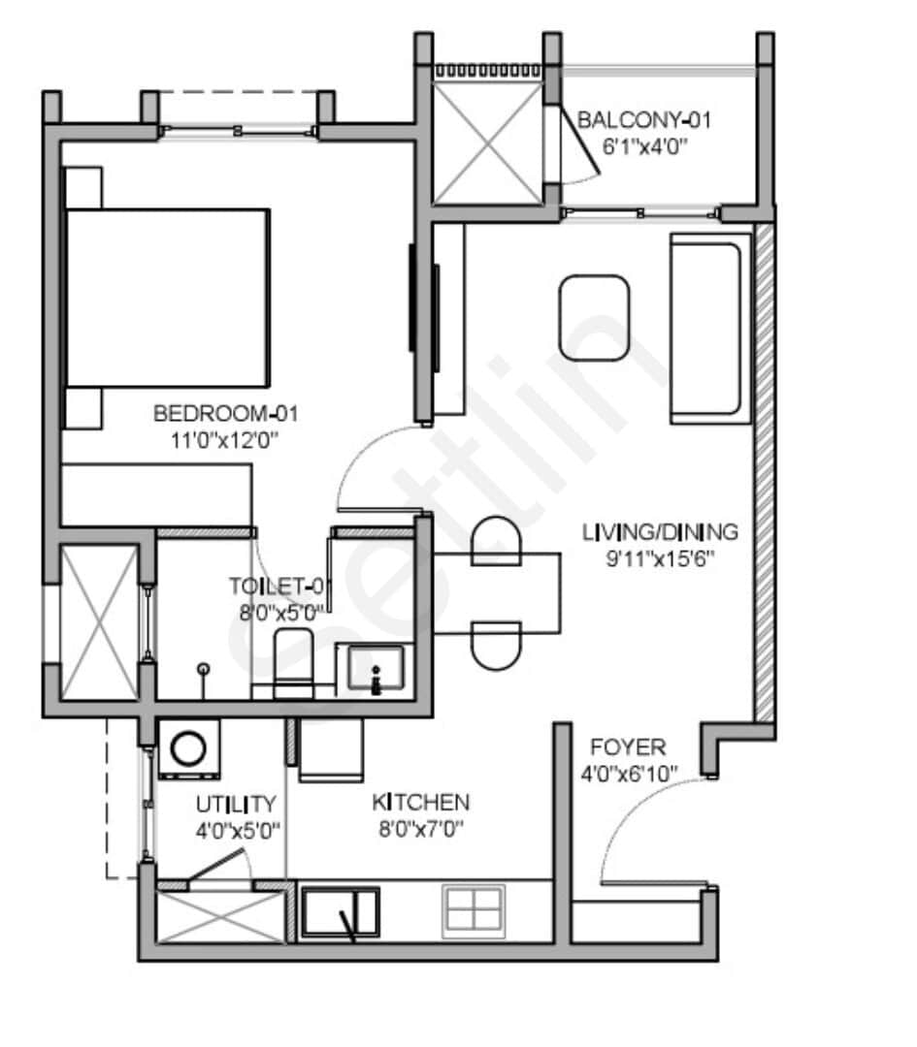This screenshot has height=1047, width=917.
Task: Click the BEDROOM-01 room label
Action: click(225, 414)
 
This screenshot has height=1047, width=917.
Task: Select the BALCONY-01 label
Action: click(644, 120)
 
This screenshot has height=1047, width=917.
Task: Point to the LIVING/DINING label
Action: click(660, 532)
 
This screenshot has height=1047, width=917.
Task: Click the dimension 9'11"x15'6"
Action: click(660, 558)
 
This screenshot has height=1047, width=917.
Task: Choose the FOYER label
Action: click(628, 747)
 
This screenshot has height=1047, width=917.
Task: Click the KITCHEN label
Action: click(421, 803)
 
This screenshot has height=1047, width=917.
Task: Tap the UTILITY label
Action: click(237, 804)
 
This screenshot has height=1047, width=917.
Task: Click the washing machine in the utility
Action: click(187, 748)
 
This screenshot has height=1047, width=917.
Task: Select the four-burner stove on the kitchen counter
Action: click(475, 911)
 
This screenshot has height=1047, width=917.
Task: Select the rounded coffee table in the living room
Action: click(595, 318)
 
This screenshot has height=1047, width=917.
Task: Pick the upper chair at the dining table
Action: click(496, 540)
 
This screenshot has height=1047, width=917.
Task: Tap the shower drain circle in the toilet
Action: click(203, 668)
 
